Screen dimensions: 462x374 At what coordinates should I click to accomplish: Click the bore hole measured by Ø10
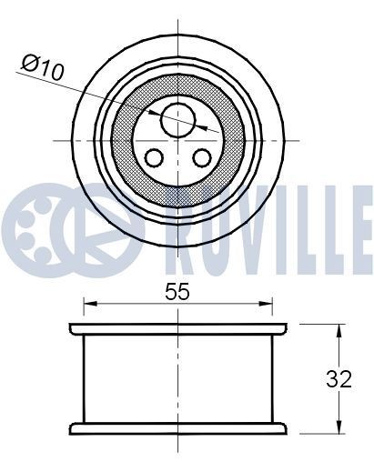(x=177, y=116)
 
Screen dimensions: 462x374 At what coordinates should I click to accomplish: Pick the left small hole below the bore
(x=155, y=158)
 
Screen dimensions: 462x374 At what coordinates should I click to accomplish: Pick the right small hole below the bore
(x=200, y=158)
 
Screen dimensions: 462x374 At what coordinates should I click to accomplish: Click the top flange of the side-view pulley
(x=177, y=326)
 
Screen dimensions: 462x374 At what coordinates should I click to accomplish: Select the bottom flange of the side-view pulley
(x=177, y=427)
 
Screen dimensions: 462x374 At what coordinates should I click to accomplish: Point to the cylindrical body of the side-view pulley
(x=177, y=377)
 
